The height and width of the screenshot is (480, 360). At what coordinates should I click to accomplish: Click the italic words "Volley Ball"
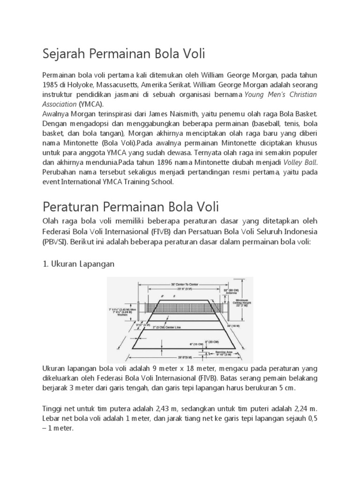[300, 162]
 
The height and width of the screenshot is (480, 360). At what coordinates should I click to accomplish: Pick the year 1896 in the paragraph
[157, 162]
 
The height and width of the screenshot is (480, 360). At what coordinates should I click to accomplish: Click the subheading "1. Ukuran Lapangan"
[78, 264]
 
